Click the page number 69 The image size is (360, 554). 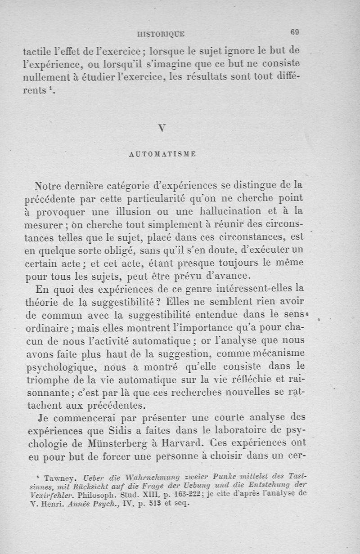(x=295, y=32)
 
